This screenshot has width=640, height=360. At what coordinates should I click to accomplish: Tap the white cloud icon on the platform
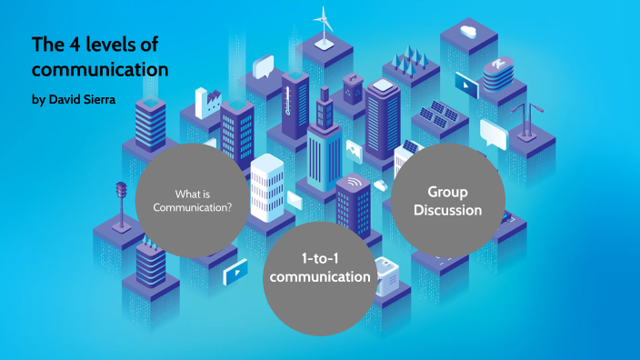coord(468,31)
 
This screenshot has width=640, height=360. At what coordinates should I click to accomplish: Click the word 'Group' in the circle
coord(447,192)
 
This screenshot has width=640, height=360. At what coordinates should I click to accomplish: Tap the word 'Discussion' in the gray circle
coord(447,210)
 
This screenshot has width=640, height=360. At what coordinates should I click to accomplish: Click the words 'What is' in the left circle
coord(193,193)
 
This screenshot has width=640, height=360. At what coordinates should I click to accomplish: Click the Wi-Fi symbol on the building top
coord(354,185)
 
